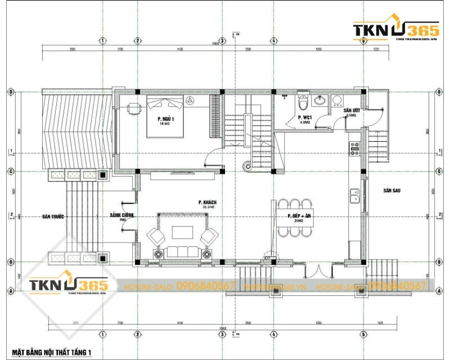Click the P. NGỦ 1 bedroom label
[165, 120]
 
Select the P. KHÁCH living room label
[208, 202]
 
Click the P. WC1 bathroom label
[305, 118]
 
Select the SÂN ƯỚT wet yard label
[352, 111]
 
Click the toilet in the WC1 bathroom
[303, 102]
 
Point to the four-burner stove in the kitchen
[355, 148]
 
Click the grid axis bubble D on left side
[10, 92]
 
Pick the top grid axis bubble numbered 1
[103, 40]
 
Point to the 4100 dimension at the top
[179, 50]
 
